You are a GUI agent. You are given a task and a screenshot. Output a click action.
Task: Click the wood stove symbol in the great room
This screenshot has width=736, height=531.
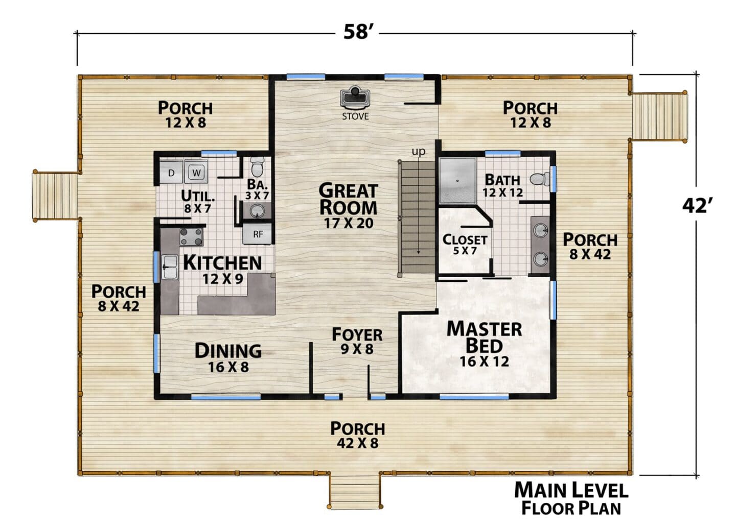point(355,98)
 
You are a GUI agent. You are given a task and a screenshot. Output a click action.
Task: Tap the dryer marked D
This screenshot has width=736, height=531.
point(171,172)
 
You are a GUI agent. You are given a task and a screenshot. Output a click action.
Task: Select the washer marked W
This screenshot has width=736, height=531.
point(196,172)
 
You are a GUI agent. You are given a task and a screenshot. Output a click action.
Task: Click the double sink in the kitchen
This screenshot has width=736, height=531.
point(170,267)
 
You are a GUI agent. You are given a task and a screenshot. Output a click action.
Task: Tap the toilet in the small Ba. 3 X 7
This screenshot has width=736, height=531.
point(257,167)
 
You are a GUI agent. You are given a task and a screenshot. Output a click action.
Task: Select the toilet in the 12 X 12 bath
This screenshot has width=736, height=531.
point(539,179)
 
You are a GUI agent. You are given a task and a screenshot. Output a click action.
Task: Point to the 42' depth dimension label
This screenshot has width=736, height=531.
point(697,206)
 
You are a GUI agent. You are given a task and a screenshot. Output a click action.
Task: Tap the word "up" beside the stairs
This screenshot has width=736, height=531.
point(419,152)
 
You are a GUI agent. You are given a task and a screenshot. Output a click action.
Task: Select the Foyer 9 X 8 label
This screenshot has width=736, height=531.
point(357,341)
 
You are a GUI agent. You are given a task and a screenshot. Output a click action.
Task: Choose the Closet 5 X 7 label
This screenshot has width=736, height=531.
point(465,245)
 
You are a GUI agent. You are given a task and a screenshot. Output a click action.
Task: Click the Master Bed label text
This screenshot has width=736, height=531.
point(485,337)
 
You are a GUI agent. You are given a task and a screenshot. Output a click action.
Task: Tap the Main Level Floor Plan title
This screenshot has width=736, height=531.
point(571,498)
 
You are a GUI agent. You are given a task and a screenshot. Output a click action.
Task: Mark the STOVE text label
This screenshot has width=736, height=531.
point(355,116)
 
